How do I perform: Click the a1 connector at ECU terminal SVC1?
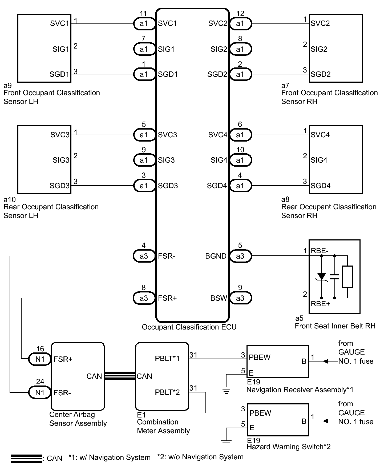pos(144,23)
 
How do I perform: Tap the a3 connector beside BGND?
pos(240,256)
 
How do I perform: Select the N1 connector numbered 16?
pos(40,359)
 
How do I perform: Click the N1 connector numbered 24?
pos(40,392)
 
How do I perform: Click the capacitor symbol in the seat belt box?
pos(334,276)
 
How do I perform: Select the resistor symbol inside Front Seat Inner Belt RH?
pos(347,276)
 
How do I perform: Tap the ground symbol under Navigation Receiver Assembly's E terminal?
pos(226,390)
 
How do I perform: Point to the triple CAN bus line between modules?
pos(120,376)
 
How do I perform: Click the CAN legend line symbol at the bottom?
pos(26,459)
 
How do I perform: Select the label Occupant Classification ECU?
pos(189,327)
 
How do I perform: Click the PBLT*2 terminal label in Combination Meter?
pos(167,392)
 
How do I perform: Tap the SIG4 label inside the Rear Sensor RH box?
pos(319,160)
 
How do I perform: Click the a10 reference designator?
pos(10,199)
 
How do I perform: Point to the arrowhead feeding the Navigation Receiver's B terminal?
pos(325,361)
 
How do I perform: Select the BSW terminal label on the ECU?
pos(219,298)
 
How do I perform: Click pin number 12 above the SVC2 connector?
pos(240,13)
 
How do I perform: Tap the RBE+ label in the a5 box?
pos(320,304)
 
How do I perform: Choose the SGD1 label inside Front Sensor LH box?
pos(59,74)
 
